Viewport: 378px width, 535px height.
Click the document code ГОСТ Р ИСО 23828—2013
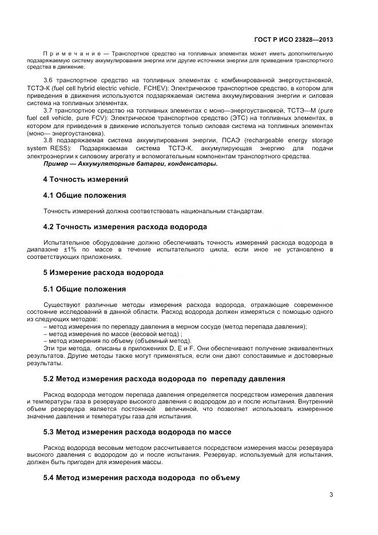pyautogui.click(x=293, y=40)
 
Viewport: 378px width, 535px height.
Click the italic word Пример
pyautogui.click(x=56, y=163)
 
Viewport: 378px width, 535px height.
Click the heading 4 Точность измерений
pyautogui.click(x=85, y=179)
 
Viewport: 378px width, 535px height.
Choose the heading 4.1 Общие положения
pyautogui.click(x=85, y=195)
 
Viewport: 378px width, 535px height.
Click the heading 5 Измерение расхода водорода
pyautogui.click(x=103, y=273)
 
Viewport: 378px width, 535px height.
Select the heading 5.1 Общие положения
pyautogui.click(x=85, y=289)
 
